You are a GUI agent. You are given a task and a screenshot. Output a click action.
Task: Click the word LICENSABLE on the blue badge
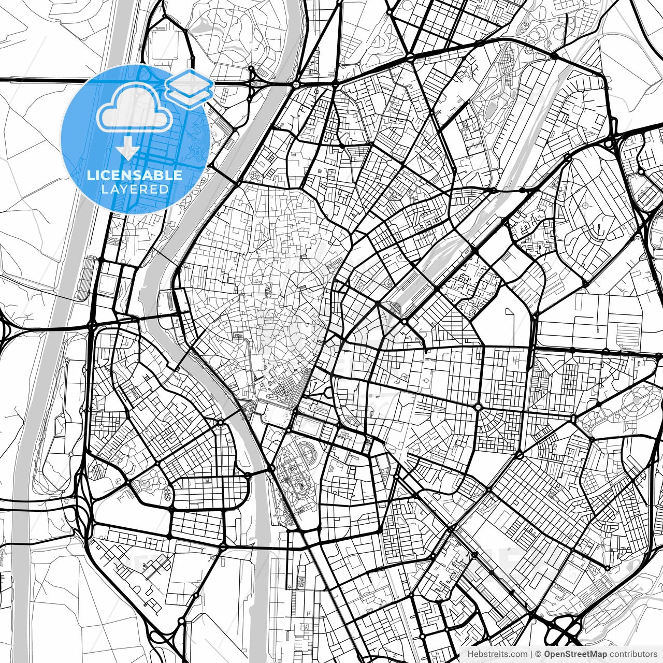pyautogui.click(x=135, y=175)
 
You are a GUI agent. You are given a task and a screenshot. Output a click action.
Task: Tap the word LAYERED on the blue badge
pyautogui.click(x=135, y=189)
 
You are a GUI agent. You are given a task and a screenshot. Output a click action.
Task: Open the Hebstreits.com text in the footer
pyautogui.click(x=498, y=654)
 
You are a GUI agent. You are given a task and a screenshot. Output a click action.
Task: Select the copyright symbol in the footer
pyautogui.click(x=538, y=654)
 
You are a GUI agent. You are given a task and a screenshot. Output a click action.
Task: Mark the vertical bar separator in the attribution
pyautogui.click(x=532, y=654)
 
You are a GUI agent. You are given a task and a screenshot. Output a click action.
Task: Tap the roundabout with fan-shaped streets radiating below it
pyautogui.click(x=478, y=407)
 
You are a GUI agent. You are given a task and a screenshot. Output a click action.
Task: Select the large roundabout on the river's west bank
pyautogui.click(x=221, y=423)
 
